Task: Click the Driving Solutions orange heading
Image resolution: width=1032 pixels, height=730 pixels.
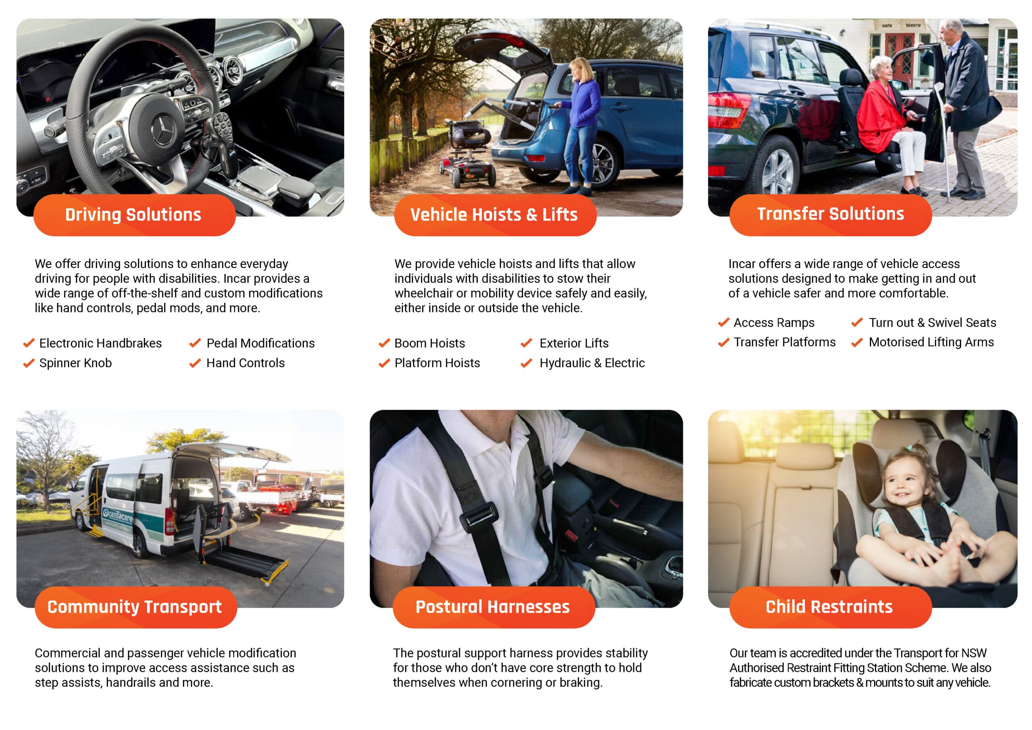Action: click(x=133, y=214)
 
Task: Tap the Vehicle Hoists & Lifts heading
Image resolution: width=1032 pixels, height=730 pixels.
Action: click(x=494, y=214)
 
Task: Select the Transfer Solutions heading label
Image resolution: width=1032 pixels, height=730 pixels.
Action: click(x=830, y=214)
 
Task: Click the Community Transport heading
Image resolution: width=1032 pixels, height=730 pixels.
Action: click(x=134, y=607)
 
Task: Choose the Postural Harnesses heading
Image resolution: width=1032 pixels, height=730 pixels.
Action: click(x=492, y=607)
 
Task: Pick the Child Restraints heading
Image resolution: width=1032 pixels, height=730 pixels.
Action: click(x=829, y=607)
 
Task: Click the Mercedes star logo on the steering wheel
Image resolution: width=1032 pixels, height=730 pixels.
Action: click(x=163, y=129)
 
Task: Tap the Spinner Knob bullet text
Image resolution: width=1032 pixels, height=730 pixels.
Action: click(x=75, y=363)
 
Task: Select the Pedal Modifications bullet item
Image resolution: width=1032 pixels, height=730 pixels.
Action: click(x=261, y=343)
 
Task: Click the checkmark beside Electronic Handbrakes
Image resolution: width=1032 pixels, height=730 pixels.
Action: click(x=29, y=343)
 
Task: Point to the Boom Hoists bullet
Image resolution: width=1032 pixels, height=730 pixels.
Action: click(x=430, y=343)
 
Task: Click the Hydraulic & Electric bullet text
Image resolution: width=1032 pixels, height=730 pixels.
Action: click(x=592, y=363)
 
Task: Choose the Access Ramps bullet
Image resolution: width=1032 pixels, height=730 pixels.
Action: click(x=774, y=322)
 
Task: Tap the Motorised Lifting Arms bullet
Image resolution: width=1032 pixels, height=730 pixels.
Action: click(x=931, y=342)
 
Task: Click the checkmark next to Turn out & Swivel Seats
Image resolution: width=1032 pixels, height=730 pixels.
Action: click(x=857, y=322)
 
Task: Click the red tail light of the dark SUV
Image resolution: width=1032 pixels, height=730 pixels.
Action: click(x=728, y=110)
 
